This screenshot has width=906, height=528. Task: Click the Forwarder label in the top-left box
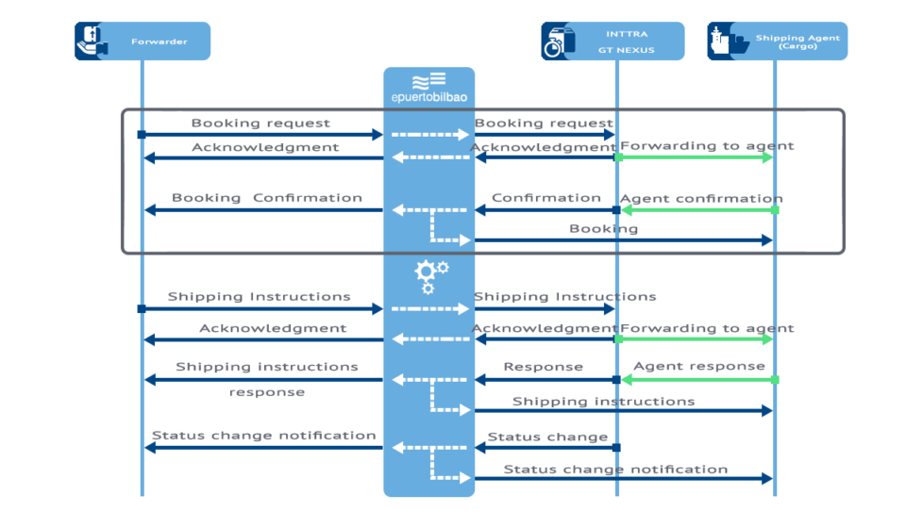point(159,41)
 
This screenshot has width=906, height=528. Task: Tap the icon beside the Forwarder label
point(92,41)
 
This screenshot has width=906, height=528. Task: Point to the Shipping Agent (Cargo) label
point(797,41)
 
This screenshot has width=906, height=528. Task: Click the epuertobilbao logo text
point(428,97)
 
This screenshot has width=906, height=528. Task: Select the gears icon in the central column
point(430,274)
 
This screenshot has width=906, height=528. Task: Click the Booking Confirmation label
point(266,198)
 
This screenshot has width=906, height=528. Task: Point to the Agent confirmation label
point(700,198)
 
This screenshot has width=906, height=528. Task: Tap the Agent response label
point(698,366)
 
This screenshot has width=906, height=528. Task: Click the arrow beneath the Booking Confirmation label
point(263,210)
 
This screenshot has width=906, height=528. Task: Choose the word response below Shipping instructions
point(266,392)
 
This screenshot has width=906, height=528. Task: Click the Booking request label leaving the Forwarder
point(260,123)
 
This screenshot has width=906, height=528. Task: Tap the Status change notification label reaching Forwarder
point(263,436)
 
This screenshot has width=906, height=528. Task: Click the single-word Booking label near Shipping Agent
point(603,228)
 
